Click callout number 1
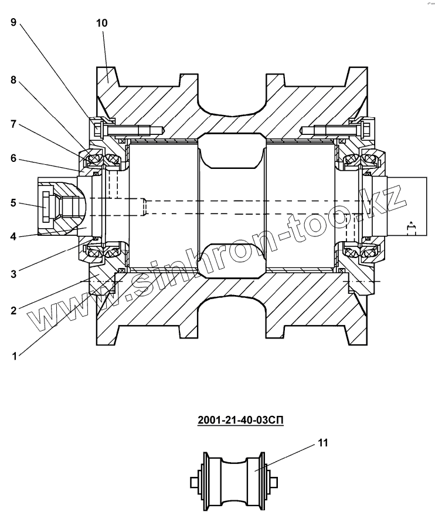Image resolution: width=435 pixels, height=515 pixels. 14,356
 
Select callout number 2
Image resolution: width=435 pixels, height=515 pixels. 13,310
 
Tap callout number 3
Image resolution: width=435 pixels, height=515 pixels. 13,274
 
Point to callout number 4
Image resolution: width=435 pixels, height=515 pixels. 13,236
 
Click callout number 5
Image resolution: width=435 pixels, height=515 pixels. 13,202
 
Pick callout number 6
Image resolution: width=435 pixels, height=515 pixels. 13,158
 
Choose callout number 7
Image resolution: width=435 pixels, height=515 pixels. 13,124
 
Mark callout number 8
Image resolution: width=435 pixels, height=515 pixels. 13,80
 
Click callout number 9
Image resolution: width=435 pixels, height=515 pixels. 13,22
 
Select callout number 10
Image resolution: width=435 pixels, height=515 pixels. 102,23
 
